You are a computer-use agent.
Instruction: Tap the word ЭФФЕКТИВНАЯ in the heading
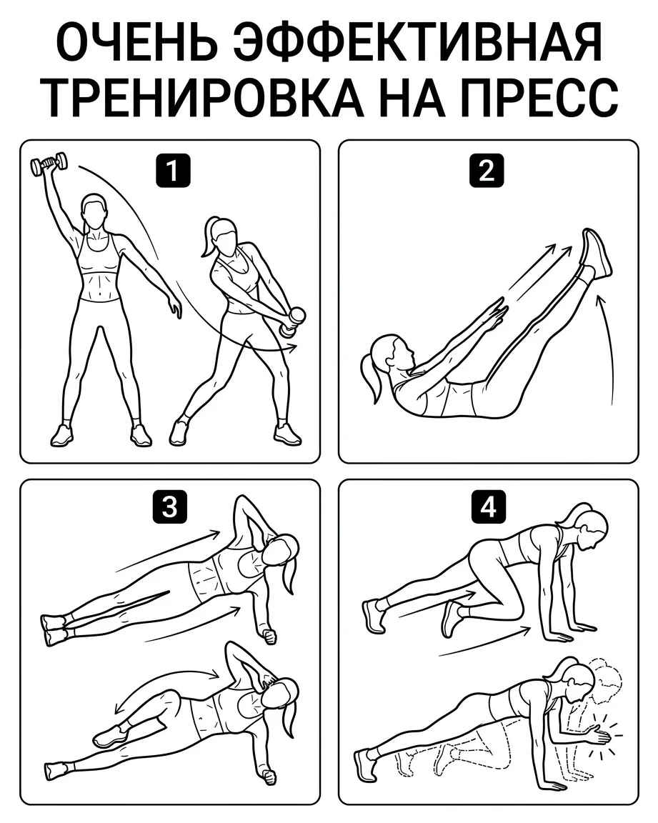tap(418, 41)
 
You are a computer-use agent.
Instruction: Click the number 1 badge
tap(173, 171)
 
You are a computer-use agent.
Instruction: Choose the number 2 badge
tap(487, 171)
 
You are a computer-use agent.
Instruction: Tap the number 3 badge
tap(170, 507)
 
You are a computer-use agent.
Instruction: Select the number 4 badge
tap(489, 507)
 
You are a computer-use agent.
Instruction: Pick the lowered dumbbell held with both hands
tap(291, 323)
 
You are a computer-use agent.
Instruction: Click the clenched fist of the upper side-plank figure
tap(270, 636)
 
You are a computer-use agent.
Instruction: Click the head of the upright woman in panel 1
tap(94, 210)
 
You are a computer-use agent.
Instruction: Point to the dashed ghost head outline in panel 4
tap(609, 677)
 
